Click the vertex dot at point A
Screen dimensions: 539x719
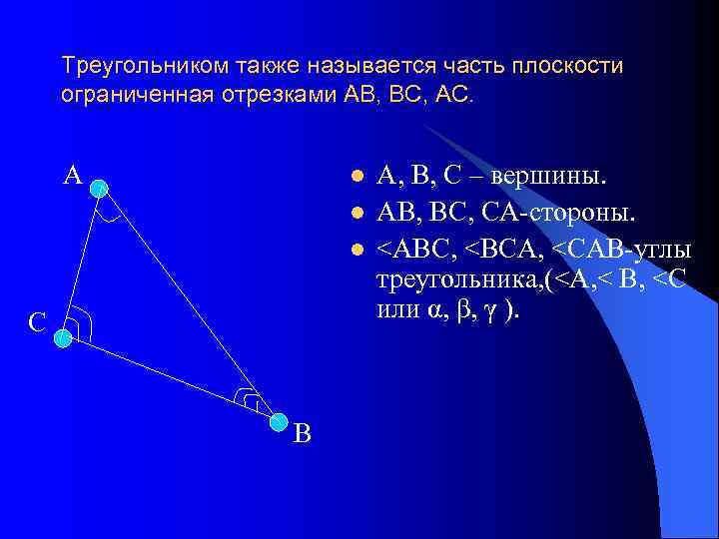click(98, 187)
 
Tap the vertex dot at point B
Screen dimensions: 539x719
click(279, 423)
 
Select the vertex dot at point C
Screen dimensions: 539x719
click(63, 338)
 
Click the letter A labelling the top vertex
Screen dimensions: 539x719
click(72, 176)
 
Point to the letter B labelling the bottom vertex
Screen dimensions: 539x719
click(303, 433)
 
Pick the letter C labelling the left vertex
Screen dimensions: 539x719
click(36, 322)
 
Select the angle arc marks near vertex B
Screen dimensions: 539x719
click(247, 399)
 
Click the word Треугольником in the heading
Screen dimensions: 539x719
click(146, 67)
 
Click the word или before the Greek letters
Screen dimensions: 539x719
click(398, 309)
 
